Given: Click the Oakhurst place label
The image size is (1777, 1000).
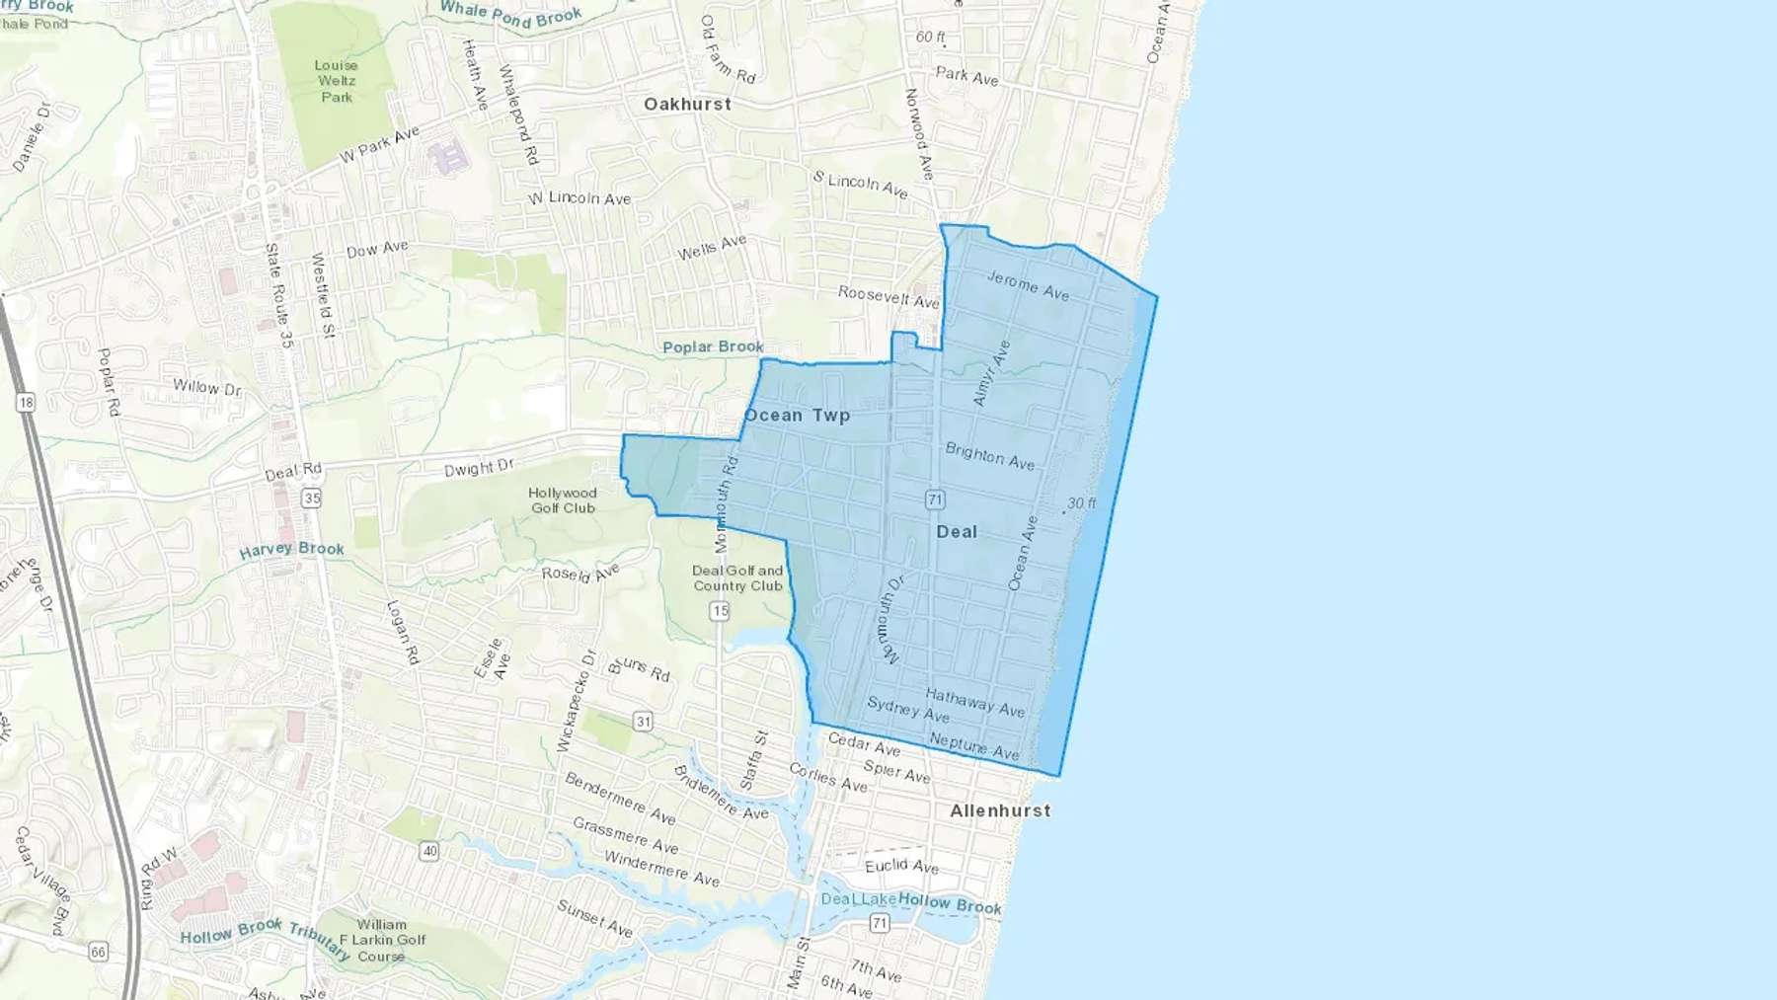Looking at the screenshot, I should tap(687, 104).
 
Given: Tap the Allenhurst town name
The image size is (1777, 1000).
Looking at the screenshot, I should tap(999, 810).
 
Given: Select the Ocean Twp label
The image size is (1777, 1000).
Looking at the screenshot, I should tap(797, 415).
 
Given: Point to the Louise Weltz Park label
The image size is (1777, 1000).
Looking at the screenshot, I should tap(336, 81).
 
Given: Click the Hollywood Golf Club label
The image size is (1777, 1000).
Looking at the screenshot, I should tap(563, 500).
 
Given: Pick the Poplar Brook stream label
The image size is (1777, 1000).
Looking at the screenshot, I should tap(713, 346).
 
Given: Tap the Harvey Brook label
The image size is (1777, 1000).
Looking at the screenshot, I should tap(291, 549).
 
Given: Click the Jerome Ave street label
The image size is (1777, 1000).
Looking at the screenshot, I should tap(1028, 285).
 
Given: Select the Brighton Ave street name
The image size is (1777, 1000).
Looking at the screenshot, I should tap(989, 456).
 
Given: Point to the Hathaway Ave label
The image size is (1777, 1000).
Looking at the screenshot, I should tap(974, 702).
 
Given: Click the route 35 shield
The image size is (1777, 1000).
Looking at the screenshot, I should tap(312, 498).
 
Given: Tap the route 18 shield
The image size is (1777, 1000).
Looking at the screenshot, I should tap(26, 402).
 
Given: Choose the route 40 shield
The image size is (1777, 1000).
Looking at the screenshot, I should tap(428, 850).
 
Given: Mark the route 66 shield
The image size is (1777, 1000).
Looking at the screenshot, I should tap(98, 952).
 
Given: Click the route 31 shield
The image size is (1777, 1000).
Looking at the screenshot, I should tap(643, 722).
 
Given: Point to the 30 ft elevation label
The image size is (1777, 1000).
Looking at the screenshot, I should tap(1081, 503).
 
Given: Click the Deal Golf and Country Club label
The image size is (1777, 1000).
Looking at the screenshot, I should tap(737, 578).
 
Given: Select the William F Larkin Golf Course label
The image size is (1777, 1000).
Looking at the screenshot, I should tap(382, 940).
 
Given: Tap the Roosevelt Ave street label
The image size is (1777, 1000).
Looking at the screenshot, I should tap(888, 296).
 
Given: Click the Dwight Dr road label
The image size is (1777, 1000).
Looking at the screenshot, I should tap(479, 468).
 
